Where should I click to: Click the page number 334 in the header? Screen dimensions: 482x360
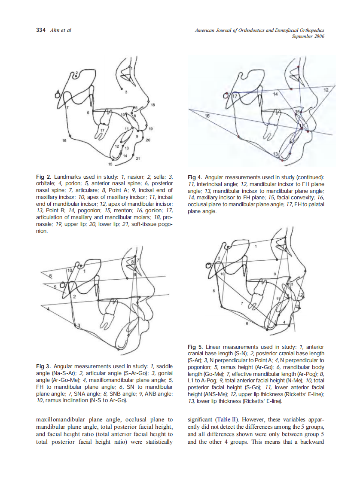coord(40,30)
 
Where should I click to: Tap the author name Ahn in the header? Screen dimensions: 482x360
coord(55,30)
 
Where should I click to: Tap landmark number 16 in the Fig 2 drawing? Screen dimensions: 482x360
coord(64,140)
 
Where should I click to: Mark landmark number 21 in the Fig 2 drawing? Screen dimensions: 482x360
coord(137,159)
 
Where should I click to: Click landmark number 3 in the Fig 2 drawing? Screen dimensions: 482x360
coord(126,92)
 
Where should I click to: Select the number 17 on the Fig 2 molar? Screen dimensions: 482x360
coord(102,130)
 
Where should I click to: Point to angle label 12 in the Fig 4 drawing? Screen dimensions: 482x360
coord(326,90)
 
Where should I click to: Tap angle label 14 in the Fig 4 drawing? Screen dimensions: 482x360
coord(275,93)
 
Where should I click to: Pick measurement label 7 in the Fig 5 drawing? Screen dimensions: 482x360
coord(242,303)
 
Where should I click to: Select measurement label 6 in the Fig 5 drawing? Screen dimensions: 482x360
coord(247,324)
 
